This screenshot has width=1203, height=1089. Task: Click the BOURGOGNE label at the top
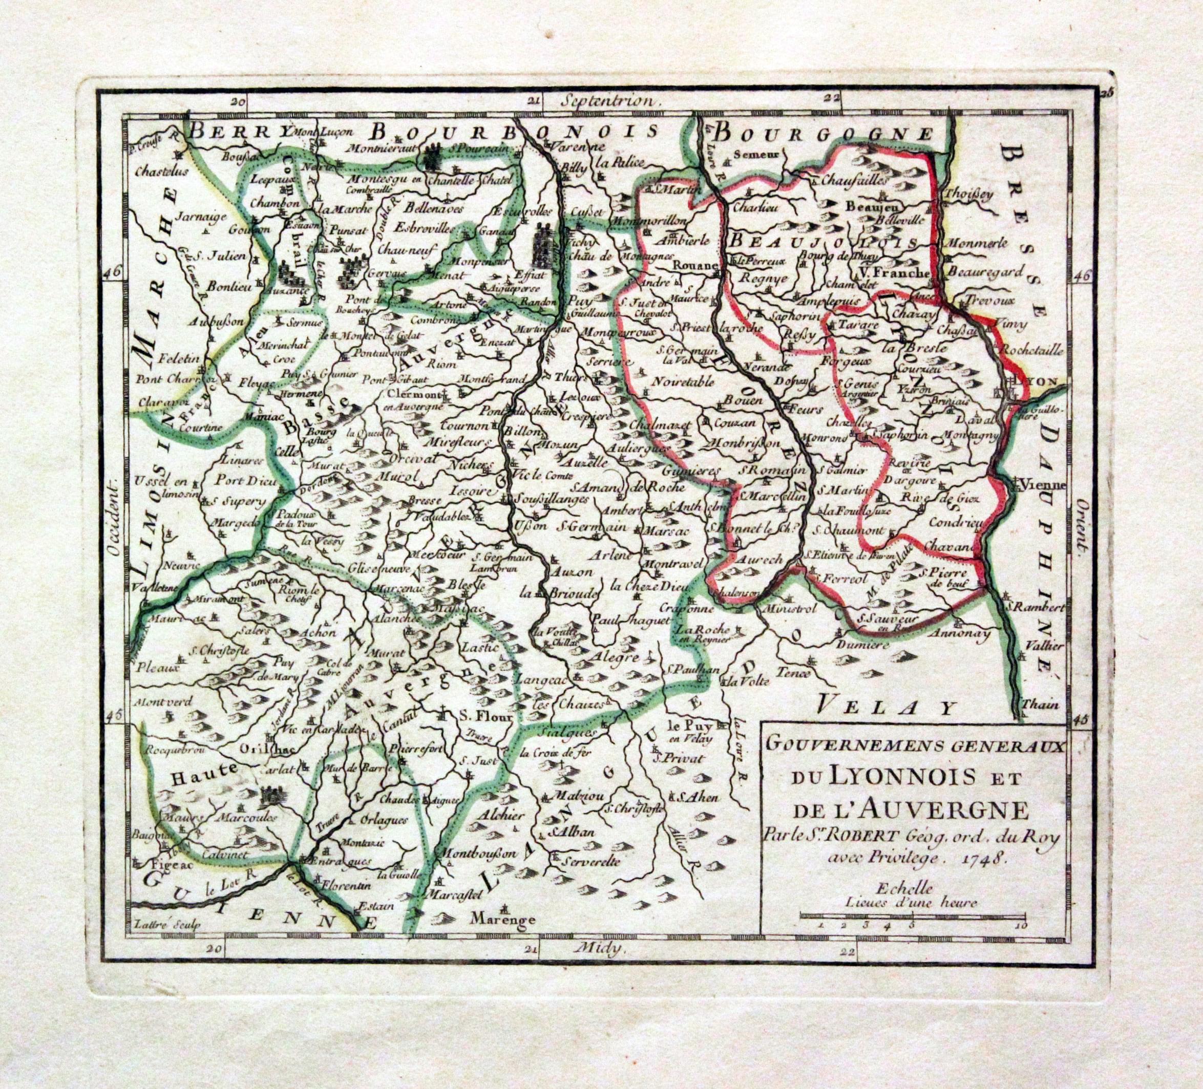click(x=824, y=132)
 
